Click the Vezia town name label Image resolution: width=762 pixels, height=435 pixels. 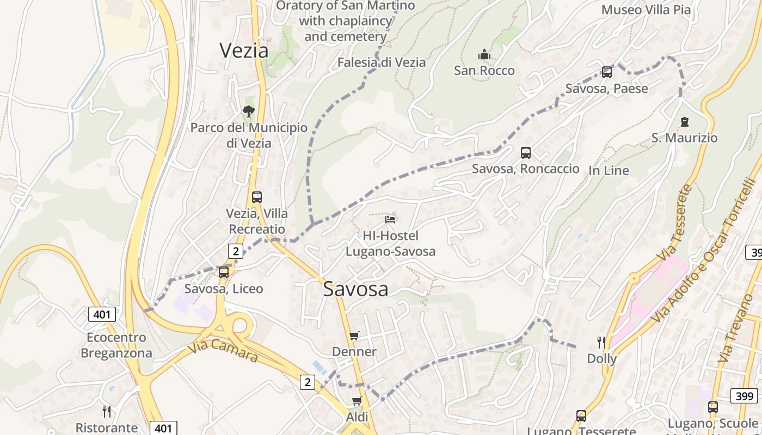[x=244, y=50]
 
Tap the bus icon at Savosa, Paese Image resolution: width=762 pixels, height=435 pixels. [x=606, y=72]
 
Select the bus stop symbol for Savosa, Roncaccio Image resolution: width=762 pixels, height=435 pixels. [x=525, y=153]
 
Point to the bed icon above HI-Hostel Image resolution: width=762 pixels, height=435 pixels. [x=390, y=219]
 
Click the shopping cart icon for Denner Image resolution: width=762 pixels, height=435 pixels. [x=354, y=335]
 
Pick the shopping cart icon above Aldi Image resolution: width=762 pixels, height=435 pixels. [x=357, y=401]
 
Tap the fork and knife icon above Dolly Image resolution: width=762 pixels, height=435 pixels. [x=601, y=342]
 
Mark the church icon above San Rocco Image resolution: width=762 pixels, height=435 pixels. [x=484, y=54]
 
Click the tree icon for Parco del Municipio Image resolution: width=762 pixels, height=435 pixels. [x=249, y=111]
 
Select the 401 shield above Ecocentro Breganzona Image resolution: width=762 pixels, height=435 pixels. [x=102, y=314]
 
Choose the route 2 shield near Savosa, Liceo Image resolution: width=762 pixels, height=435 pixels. [x=235, y=251]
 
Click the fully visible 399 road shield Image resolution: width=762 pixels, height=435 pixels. [x=745, y=396]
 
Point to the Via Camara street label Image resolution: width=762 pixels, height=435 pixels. [x=223, y=351]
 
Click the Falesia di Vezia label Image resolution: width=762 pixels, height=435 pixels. [x=381, y=62]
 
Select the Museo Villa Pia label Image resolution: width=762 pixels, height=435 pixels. [x=646, y=10]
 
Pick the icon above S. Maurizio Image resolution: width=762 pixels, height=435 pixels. [x=684, y=122]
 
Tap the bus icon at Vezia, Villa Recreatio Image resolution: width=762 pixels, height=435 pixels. [x=257, y=197]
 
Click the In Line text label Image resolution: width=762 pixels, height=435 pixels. [x=609, y=170]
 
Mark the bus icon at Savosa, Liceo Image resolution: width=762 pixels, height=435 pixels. [x=224, y=272]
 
